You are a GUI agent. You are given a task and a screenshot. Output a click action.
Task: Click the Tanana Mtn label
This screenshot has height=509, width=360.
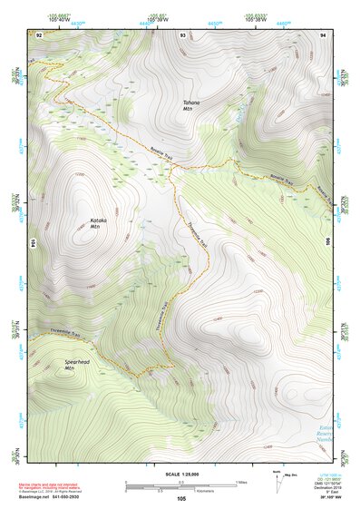coord(190,105)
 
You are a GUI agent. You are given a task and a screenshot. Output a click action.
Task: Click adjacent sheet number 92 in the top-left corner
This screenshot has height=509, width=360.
coord(39,34)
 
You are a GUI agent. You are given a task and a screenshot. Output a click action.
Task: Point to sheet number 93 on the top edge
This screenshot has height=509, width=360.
coord(183,34)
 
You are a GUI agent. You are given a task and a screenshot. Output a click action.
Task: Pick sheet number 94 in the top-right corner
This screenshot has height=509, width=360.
coord(323,34)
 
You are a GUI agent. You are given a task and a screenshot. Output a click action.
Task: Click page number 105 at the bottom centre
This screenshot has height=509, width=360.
coord(182,499)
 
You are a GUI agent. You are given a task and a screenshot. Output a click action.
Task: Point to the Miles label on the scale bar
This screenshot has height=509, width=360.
coord(241,481)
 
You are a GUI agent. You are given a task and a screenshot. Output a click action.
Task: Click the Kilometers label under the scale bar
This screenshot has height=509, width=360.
coord(182,491)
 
